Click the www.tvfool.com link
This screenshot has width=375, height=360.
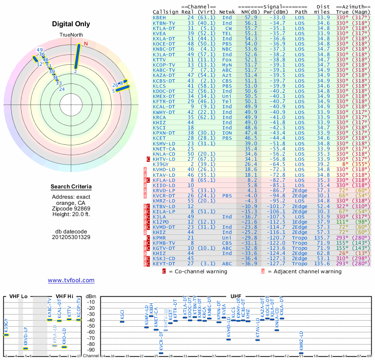(x=71, y=280)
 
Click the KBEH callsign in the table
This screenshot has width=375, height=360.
(x=159, y=17)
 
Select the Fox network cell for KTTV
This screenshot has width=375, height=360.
(x=227, y=60)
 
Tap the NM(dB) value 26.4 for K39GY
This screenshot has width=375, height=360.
(x=251, y=165)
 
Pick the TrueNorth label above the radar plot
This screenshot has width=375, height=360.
(x=71, y=36)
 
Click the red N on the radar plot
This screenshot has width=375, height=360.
(x=85, y=44)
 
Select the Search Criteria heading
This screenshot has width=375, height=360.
(x=71, y=187)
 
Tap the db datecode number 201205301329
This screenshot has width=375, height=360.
(x=71, y=237)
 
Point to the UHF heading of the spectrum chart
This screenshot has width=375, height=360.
(x=236, y=297)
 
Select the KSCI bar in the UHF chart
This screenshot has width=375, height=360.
(x=122, y=322)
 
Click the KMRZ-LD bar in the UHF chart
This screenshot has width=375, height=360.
(x=301, y=353)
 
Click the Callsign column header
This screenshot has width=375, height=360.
(x=166, y=12)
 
